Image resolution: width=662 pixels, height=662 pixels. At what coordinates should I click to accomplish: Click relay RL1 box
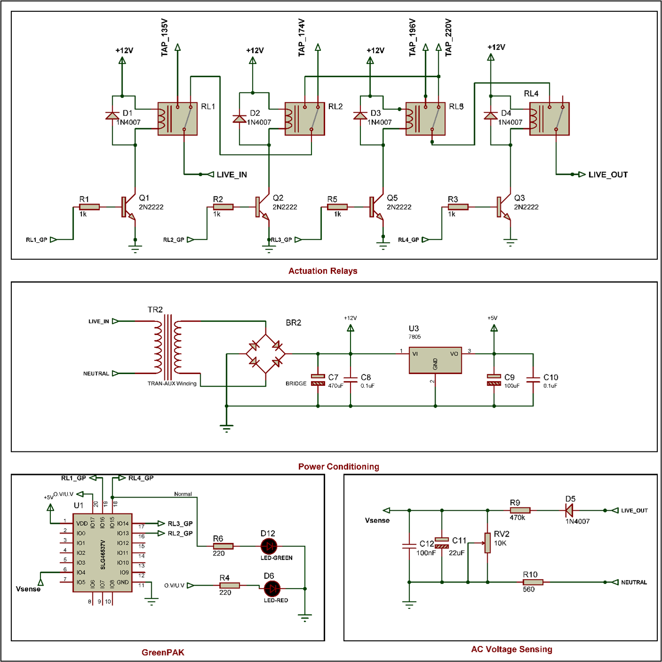[177, 119]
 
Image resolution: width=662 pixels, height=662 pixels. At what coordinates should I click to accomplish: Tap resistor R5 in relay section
[337, 207]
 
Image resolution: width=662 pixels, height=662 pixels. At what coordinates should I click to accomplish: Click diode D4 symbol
[490, 116]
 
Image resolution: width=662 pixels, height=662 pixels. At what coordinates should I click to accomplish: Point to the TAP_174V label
[302, 38]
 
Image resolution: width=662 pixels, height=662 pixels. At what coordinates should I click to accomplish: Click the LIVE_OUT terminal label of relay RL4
[608, 174]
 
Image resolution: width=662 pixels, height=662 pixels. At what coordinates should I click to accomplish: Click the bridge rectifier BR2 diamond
[266, 354]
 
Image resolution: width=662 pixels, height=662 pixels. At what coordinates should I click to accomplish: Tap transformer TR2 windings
[168, 347]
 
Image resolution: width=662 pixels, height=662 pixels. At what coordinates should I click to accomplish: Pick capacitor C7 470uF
[318, 380]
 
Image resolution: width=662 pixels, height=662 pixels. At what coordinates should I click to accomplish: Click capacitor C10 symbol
[533, 380]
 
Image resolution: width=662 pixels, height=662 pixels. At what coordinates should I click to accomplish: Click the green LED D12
[269, 546]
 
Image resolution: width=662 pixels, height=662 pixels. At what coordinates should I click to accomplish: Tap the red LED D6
[272, 588]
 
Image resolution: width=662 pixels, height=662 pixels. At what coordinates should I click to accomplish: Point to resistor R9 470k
[520, 510]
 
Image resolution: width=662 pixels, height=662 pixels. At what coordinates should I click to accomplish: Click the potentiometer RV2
[487, 543]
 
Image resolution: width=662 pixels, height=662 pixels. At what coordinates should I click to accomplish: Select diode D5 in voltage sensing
[569, 510]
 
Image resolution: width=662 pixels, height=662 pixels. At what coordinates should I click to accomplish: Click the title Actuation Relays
[323, 271]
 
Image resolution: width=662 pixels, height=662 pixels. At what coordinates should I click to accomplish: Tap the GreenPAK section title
[163, 652]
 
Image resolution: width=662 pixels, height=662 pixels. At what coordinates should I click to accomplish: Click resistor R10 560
[533, 582]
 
